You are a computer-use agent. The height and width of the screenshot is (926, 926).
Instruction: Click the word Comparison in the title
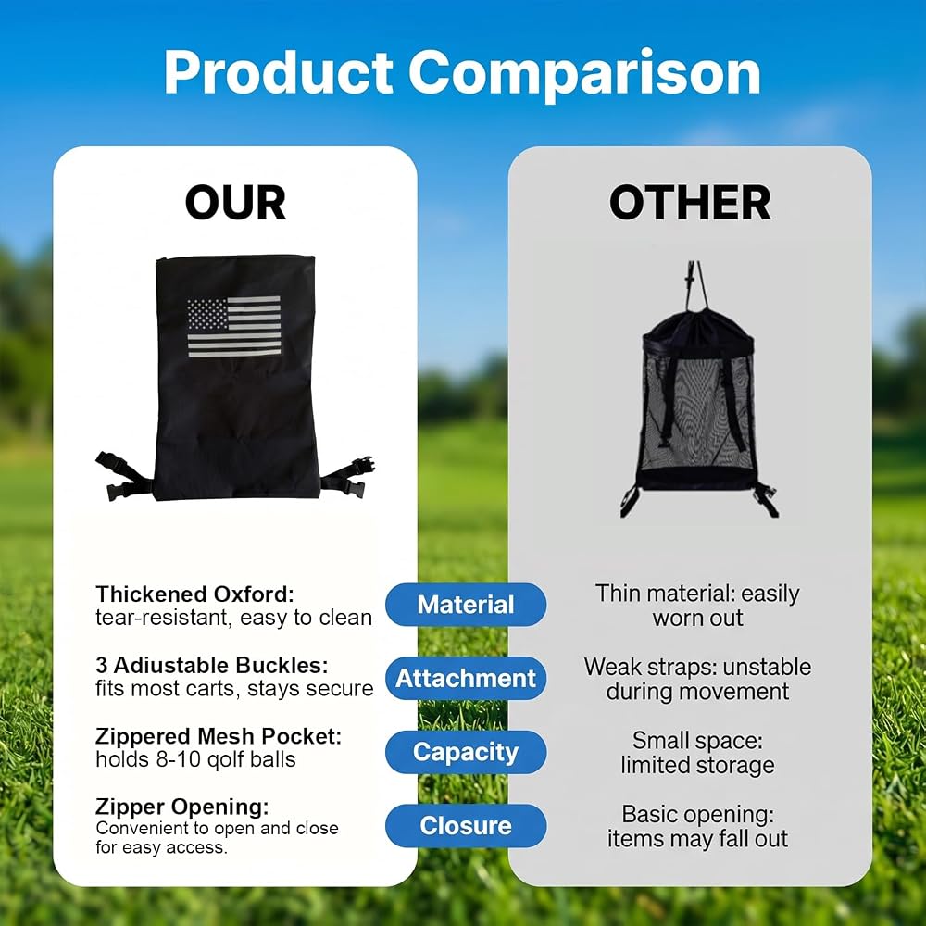tap(584, 74)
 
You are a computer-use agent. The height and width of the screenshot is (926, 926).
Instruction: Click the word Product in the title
tap(278, 72)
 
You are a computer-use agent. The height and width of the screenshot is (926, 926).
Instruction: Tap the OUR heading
tap(235, 203)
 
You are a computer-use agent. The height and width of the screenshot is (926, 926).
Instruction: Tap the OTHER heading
tap(690, 203)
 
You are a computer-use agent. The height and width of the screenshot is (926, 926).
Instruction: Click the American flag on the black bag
tap(234, 327)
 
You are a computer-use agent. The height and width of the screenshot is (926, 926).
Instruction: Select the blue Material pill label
tap(466, 605)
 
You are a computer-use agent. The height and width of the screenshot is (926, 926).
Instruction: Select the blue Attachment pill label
tap(466, 678)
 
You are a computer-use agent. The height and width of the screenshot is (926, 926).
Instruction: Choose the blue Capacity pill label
tap(466, 752)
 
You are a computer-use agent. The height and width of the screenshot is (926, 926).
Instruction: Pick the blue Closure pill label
tap(466, 826)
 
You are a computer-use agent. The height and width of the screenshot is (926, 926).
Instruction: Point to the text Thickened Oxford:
tap(194, 594)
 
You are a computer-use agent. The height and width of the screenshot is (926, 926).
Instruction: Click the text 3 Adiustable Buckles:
tap(211, 665)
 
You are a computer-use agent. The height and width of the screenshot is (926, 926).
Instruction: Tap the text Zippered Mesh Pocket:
tap(219, 736)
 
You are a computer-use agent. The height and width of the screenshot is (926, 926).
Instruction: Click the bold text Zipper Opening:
tap(181, 807)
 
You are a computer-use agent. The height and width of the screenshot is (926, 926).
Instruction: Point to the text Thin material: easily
tap(697, 594)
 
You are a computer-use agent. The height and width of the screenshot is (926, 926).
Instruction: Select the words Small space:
tap(697, 741)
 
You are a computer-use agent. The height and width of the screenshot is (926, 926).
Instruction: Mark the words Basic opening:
tap(697, 814)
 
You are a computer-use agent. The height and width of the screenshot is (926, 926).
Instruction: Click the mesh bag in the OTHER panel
tap(698, 402)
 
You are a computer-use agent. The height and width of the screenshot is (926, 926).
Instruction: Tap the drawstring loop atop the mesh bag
tap(697, 286)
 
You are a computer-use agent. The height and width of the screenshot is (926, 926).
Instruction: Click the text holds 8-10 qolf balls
tap(195, 759)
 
